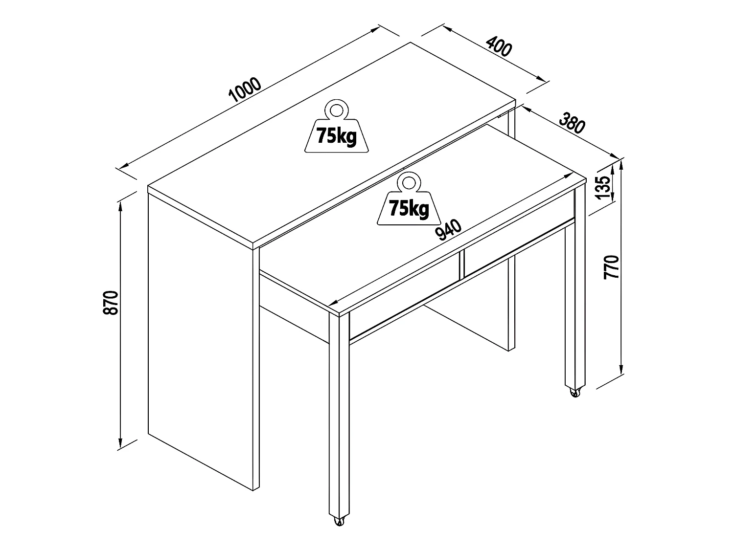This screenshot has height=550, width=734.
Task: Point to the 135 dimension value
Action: pyautogui.click(x=605, y=187)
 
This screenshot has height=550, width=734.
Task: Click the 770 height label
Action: pyautogui.click(x=612, y=266)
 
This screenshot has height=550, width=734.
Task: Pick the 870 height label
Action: pyautogui.click(x=112, y=303)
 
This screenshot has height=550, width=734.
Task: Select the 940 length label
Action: pyautogui.click(x=449, y=230)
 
